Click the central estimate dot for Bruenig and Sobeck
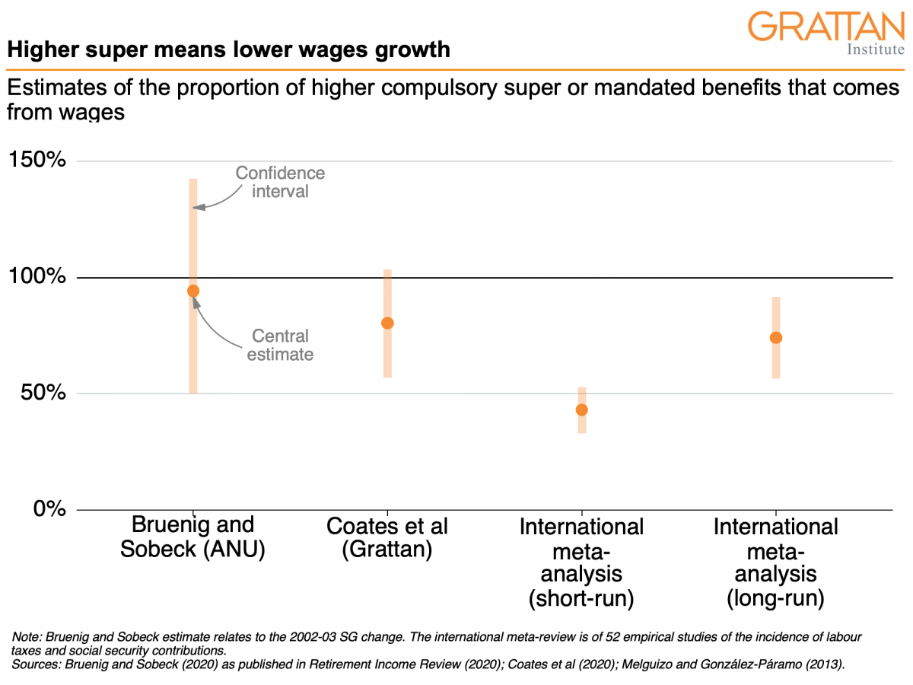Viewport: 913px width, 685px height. pos(193,291)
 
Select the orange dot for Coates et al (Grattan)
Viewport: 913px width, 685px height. pos(387,323)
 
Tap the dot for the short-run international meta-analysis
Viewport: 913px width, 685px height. pos(582,409)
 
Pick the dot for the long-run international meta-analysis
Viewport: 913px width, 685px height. pos(776,337)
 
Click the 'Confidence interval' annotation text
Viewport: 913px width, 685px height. pos(280,183)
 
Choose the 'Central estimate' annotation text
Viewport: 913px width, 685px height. pos(280,345)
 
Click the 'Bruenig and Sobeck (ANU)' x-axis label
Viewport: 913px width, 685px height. pos(192,537)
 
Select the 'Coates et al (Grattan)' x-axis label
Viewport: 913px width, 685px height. pos(387,537)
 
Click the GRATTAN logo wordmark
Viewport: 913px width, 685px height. pos(826,27)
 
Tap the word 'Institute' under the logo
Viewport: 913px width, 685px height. pos(875,50)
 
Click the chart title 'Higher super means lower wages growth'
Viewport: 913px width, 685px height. pos(228,50)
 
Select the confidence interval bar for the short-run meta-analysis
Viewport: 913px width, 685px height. pos(582,422)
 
